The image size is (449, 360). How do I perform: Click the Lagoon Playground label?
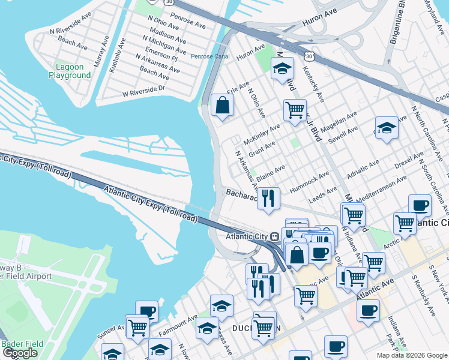coord(70,71)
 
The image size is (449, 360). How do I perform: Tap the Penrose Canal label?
coord(209,56)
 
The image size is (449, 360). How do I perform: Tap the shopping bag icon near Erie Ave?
coord(222,106)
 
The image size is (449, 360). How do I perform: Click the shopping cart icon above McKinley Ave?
coord(295,110)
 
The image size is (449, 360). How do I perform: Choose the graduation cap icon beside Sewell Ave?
coord(387,127)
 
